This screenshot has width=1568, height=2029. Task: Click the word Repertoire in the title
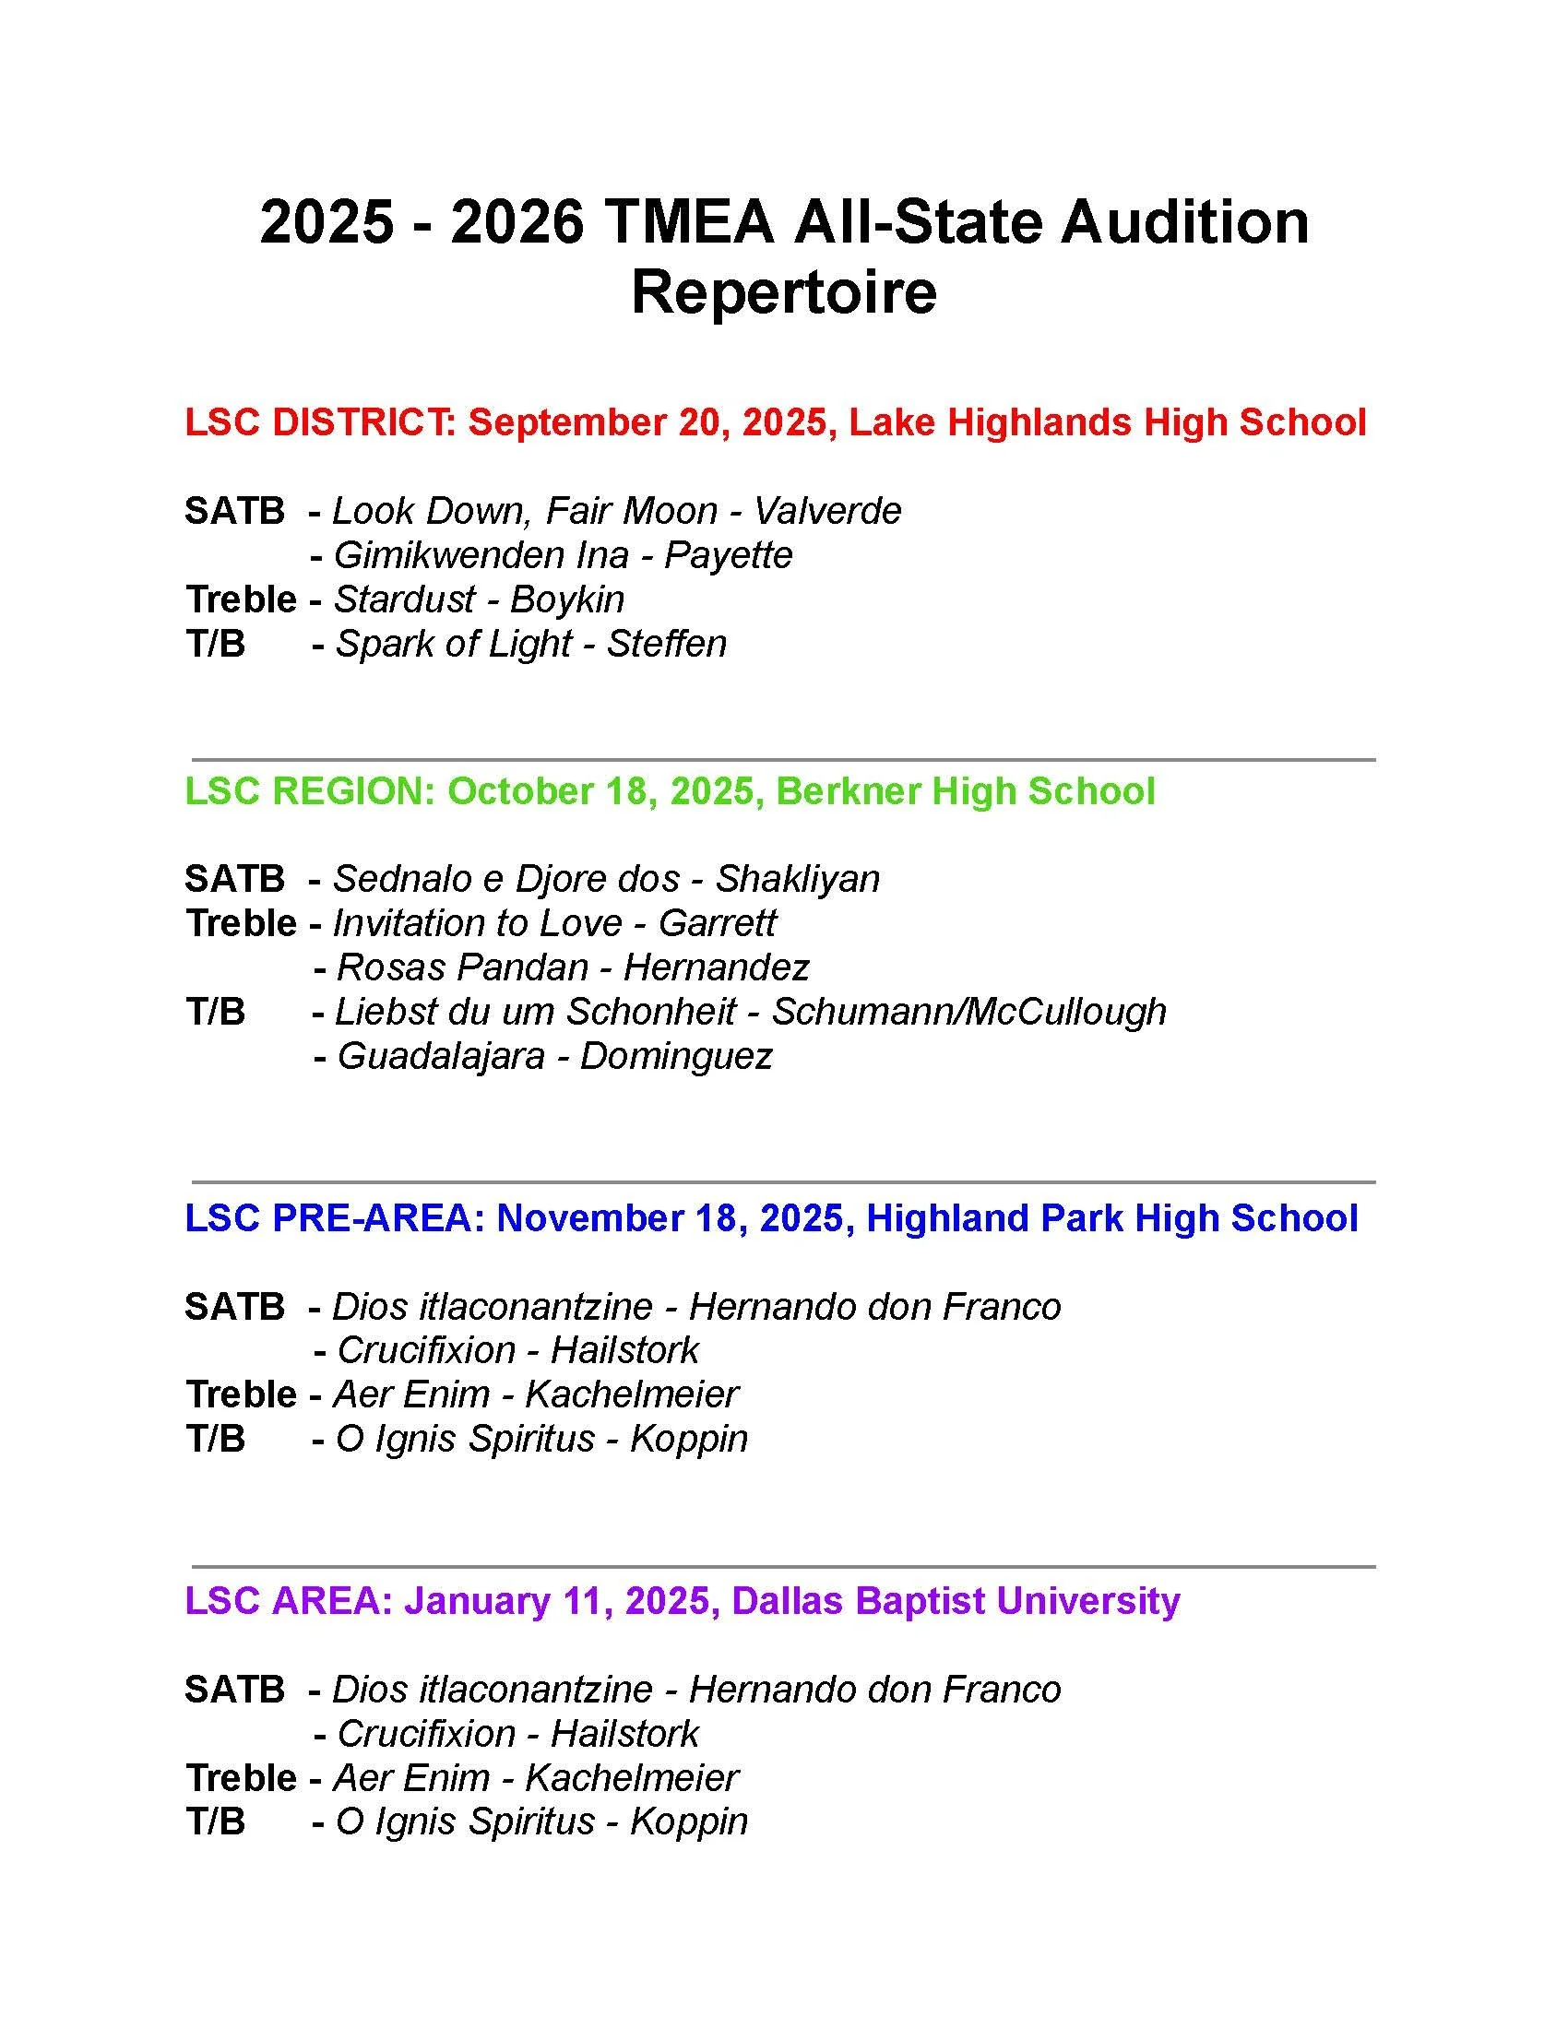click(x=783, y=292)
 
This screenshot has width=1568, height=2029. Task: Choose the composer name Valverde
click(x=827, y=511)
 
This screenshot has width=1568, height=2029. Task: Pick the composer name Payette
click(x=730, y=555)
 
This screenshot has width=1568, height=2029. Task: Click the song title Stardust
click(x=404, y=599)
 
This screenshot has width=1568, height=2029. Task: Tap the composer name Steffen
click(x=667, y=644)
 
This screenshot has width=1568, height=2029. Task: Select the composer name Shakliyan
click(x=798, y=879)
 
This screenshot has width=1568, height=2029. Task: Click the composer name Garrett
click(x=717, y=923)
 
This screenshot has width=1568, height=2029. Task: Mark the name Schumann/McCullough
click(x=968, y=1012)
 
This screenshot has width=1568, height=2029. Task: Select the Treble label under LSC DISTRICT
click(x=241, y=599)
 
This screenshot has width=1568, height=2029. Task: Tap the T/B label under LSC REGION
click(x=216, y=1012)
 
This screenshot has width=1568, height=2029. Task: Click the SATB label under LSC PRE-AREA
click(x=234, y=1307)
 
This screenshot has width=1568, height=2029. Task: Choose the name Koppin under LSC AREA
click(x=689, y=1821)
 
